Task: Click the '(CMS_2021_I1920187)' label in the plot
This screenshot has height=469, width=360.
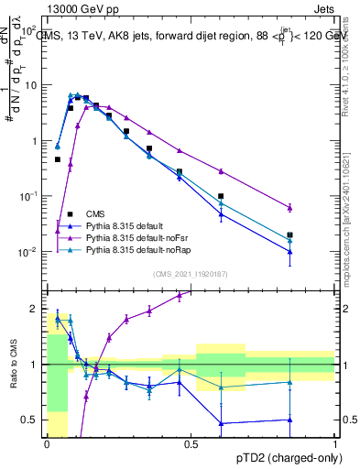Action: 190,273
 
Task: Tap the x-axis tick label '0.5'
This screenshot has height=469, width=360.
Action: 191,444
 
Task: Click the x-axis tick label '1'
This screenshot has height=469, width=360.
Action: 335,444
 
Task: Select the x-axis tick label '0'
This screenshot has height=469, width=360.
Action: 46,444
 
